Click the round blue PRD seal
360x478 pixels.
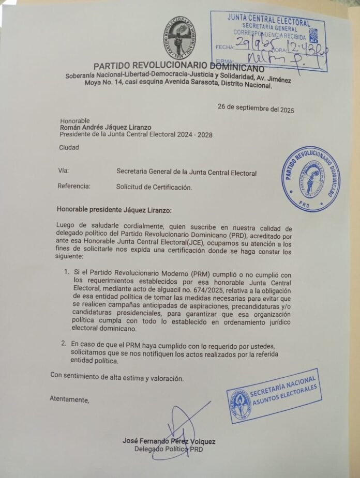[x=311, y=179]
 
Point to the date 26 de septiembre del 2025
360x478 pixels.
[x=256, y=109]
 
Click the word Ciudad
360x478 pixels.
[x=69, y=148]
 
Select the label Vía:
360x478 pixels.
[x=63, y=171]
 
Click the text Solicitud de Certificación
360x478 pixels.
[x=154, y=187]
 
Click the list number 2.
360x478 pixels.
[x=64, y=343]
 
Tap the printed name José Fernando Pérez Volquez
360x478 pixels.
[x=169, y=441]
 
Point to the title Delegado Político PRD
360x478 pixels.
[x=169, y=449]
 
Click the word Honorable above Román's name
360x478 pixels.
[x=74, y=120]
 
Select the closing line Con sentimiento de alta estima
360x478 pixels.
[x=116, y=377]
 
